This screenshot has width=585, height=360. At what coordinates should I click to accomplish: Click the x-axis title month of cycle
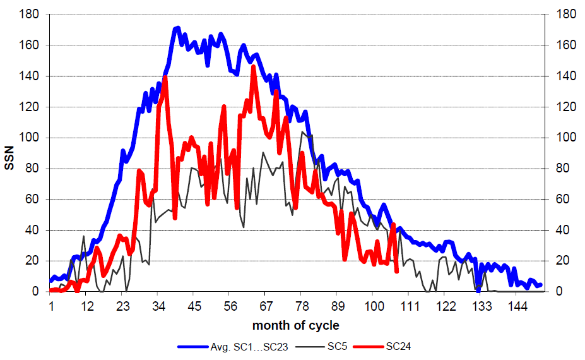click(295, 326)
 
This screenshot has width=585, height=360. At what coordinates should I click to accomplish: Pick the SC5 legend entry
click(335, 346)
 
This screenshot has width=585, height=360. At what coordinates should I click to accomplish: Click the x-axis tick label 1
click(50, 306)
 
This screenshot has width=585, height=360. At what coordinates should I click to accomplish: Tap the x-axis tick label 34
click(158, 306)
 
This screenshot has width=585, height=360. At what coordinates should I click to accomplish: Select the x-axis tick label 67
click(266, 306)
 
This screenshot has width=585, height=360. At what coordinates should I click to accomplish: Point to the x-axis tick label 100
click(373, 306)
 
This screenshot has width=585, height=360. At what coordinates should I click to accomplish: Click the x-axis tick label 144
click(516, 306)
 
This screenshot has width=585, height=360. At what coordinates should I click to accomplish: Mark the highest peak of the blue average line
click(177, 28)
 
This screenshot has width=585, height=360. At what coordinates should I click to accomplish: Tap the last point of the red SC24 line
click(396, 272)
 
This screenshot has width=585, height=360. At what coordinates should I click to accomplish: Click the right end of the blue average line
click(540, 285)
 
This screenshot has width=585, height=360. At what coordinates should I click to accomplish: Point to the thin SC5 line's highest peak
click(303, 131)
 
